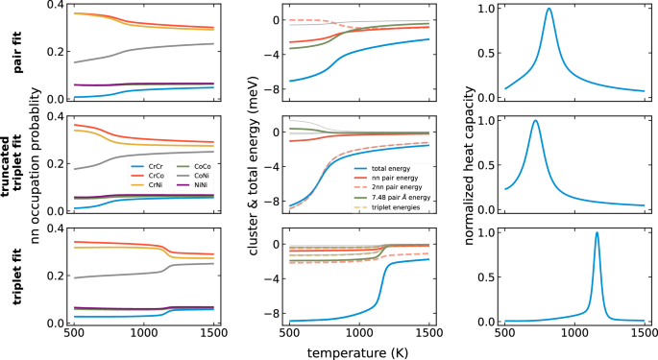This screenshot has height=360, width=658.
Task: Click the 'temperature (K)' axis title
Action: pyautogui.click(x=357, y=351)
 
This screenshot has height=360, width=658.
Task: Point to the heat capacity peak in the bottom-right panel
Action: pyautogui.click(x=597, y=233)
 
